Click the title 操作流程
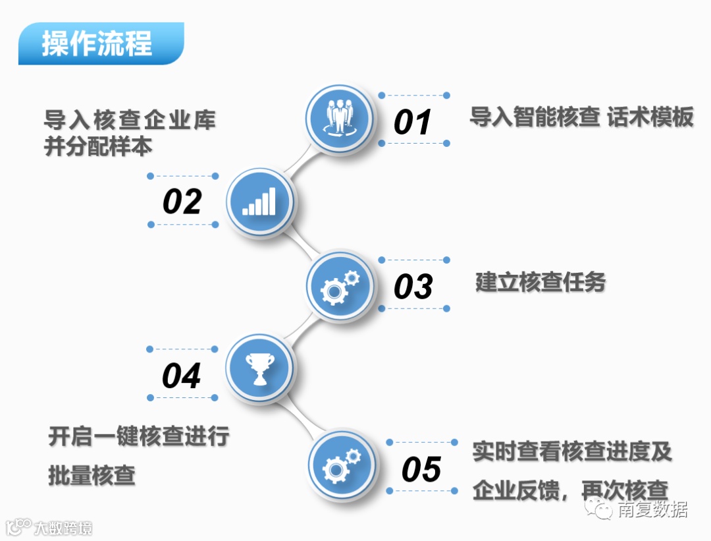pos(97,43)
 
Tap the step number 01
pos(413,122)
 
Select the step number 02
pos(182,201)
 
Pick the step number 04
pos(181,376)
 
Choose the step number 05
pos(421,470)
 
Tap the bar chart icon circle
pos(259,200)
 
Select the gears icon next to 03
pos(340,286)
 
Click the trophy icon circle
pos(259,368)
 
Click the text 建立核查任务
pos(540,283)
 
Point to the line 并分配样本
pos(98,146)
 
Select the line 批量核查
pos(92,475)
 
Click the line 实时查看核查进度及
pos(572,452)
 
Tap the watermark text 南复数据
pos(652,509)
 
